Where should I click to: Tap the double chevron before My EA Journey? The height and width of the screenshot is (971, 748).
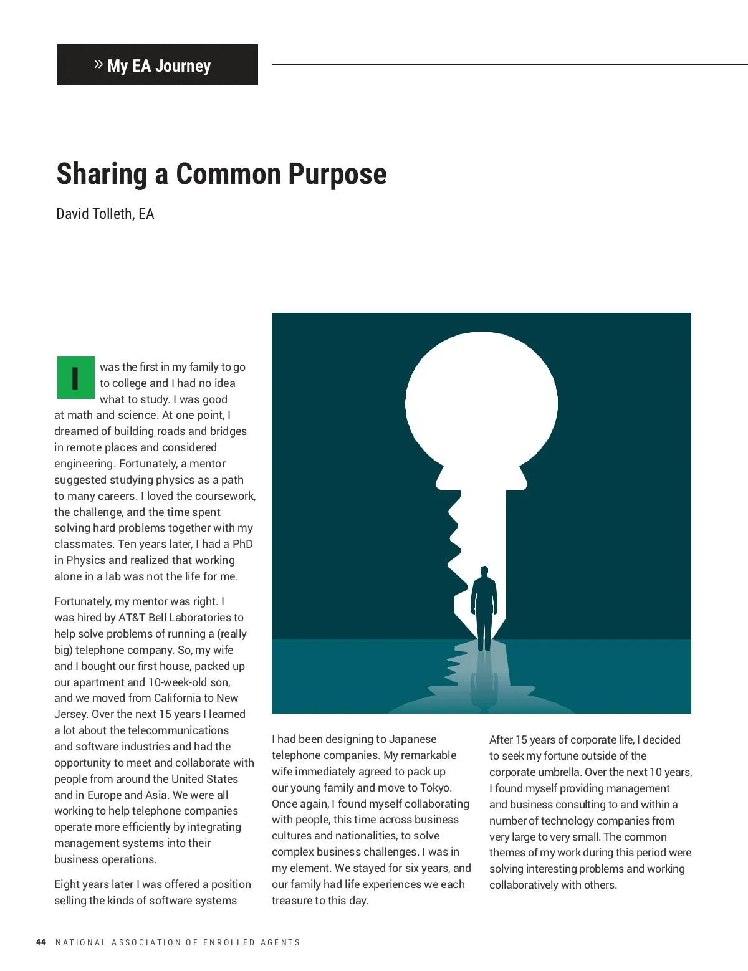[98, 64]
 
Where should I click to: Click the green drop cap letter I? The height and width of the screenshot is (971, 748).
[75, 378]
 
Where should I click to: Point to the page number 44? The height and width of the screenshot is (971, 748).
[41, 942]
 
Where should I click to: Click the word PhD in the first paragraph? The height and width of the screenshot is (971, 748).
[242, 544]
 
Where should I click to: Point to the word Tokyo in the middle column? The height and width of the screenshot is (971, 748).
[434, 788]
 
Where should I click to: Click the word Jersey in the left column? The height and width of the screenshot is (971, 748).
[71, 714]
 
